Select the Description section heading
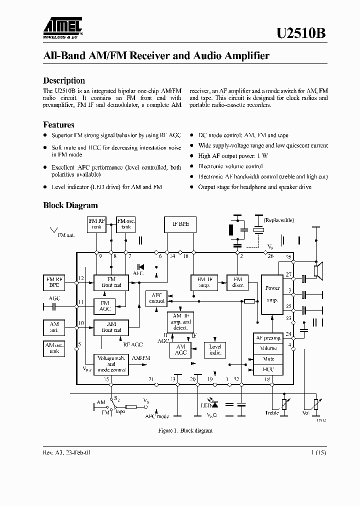pos(64,80)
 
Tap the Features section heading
pos(58,125)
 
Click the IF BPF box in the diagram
pos(180,224)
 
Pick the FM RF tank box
pos(96,223)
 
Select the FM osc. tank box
pos(125,223)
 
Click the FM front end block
pos(111,282)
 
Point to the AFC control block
pos(157,298)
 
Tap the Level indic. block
pos(215,349)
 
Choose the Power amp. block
pos(272,294)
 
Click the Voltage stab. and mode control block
pos(111,364)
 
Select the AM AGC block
pos(180,349)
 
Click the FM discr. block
pos(237,282)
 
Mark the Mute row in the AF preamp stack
pos(268,358)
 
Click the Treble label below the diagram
pos(271,413)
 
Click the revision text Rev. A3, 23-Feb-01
pos(67,452)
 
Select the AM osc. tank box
pos(54,348)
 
